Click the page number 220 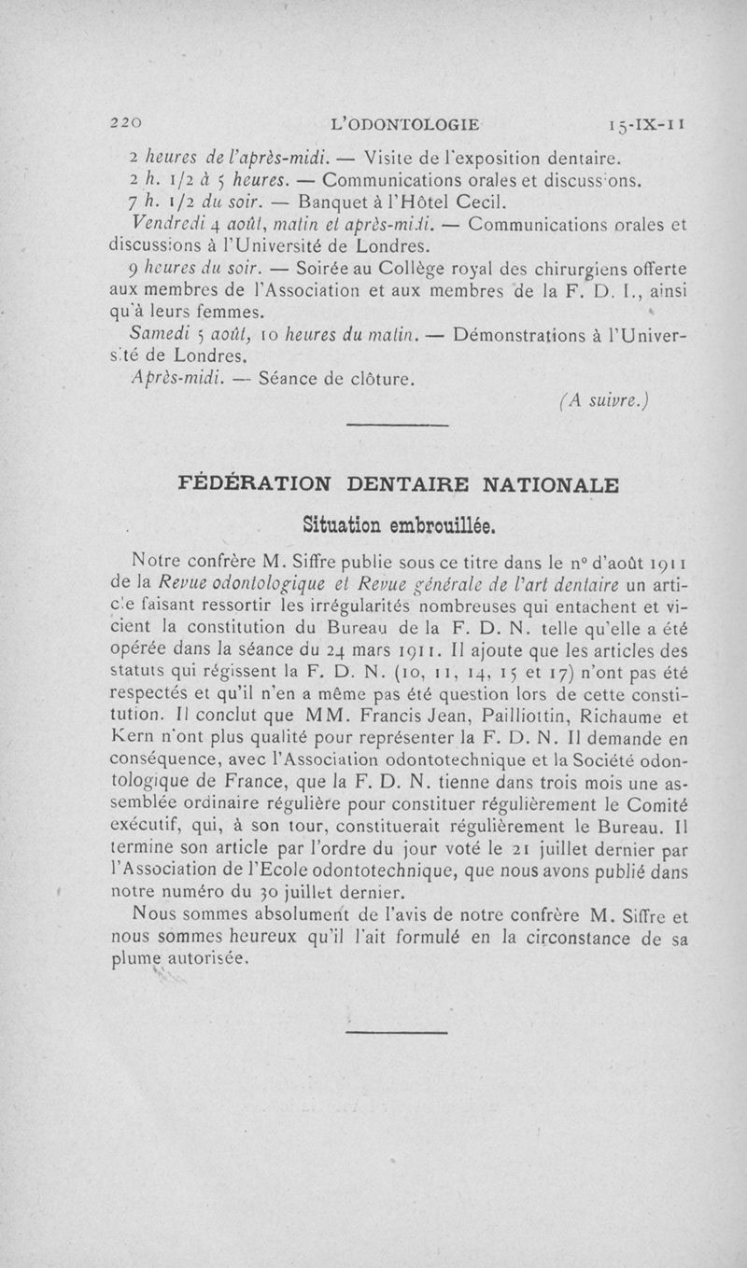pyautogui.click(x=125, y=122)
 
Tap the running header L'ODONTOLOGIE pyautogui.click(x=412, y=122)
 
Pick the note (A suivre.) pyautogui.click(x=604, y=401)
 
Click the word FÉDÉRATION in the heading pyautogui.click(x=255, y=484)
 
